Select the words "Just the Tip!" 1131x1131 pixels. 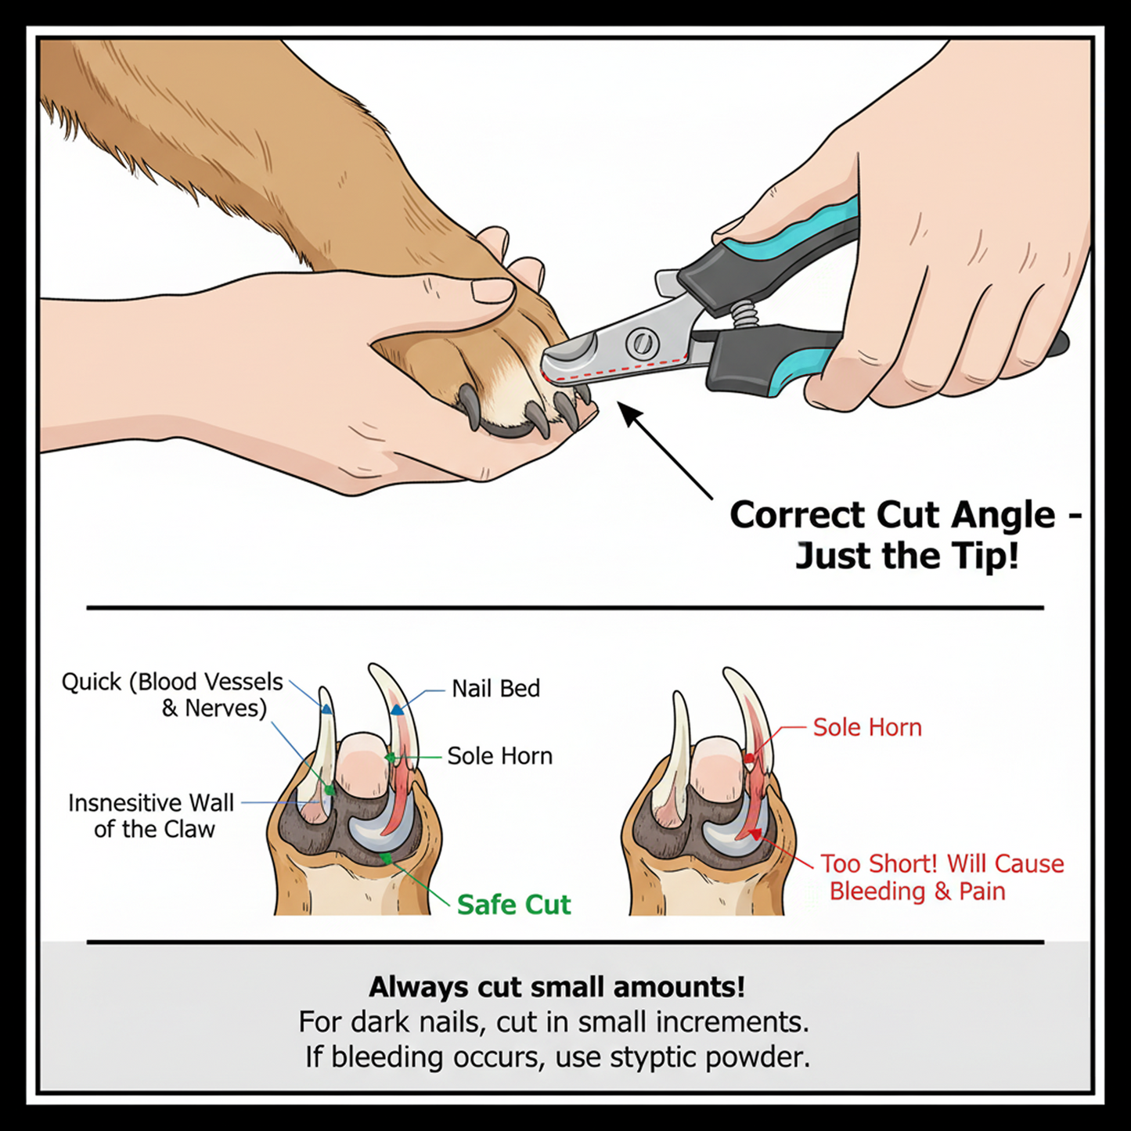pos(907,556)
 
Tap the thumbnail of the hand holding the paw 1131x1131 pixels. pos(492,290)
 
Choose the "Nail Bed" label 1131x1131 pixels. pos(495,689)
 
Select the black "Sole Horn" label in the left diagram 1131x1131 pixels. pos(499,756)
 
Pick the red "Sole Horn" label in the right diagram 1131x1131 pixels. pos(867,727)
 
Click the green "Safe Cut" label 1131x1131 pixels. pos(513,905)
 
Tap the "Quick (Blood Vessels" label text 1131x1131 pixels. pos(172,682)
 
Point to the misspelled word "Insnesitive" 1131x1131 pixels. pos(126,803)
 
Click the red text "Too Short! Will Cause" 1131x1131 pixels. pos(942,863)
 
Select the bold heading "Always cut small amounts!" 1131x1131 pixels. pos(556,987)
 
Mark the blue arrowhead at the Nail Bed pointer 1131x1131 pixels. pos(397,710)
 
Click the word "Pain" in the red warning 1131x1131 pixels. pos(982,891)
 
